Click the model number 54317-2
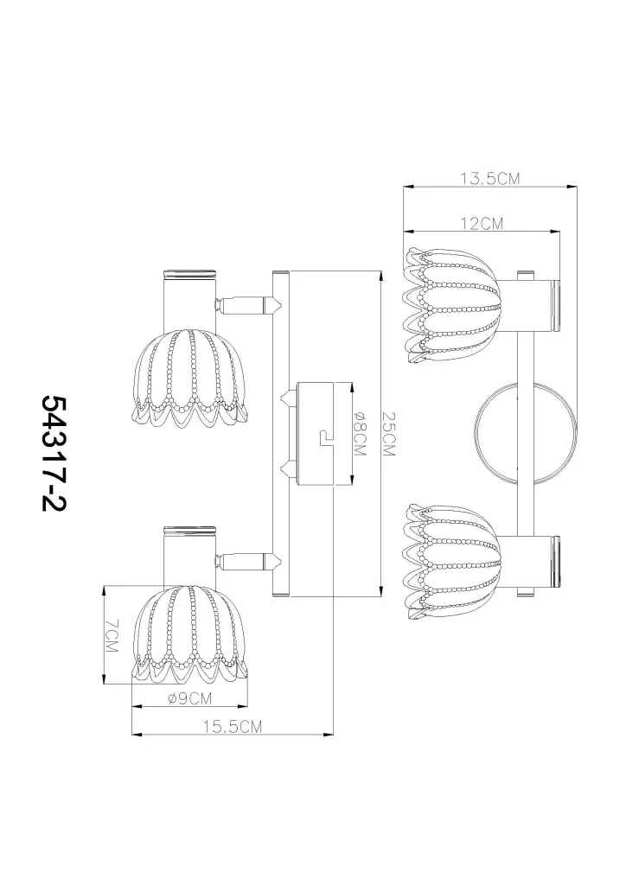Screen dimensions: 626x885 click(54, 453)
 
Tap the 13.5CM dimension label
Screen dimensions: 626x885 click(489, 179)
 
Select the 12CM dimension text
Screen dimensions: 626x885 click(482, 224)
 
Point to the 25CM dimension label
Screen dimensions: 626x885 click(389, 433)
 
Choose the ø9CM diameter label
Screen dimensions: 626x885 click(189, 698)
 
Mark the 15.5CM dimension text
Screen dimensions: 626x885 click(233, 726)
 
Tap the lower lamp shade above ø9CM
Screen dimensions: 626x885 click(189, 634)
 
